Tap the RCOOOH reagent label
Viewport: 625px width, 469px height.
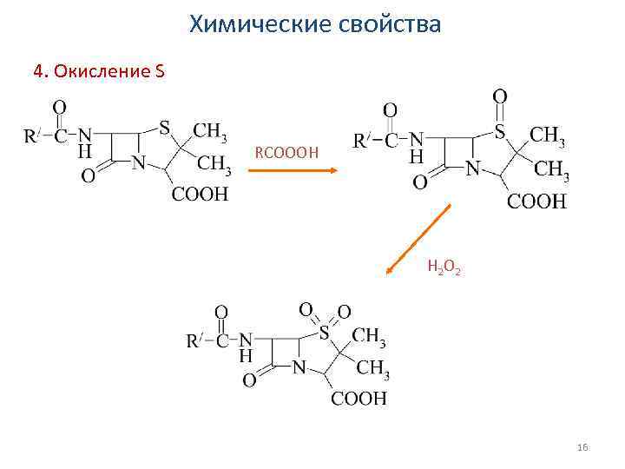tap(286, 154)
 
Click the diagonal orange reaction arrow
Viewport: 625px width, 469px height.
tap(418, 240)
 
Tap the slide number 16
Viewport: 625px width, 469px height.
tap(582, 446)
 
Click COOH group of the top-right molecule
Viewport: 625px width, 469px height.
tap(536, 202)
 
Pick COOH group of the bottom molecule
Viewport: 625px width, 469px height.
tap(358, 399)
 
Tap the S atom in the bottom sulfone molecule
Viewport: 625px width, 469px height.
tap(324, 331)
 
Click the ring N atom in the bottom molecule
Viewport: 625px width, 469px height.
tap(299, 368)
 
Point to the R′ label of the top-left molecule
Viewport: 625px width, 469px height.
tap(30, 135)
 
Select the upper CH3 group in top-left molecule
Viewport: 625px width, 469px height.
tap(210, 131)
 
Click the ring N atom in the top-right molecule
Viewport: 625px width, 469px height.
tap(473, 167)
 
